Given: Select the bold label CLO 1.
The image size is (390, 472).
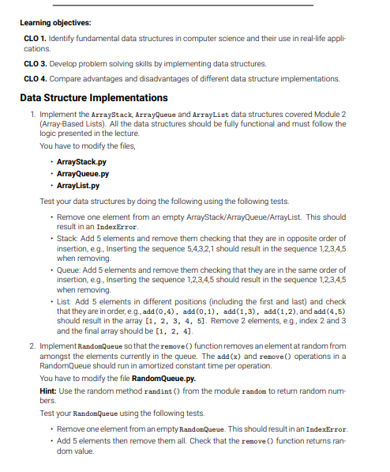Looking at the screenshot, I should pyautogui.click(x=33, y=37).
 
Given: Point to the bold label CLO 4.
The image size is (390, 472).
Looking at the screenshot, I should pyautogui.click(x=33, y=78).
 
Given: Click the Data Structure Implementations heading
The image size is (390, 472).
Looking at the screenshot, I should pyautogui.click(x=93, y=97).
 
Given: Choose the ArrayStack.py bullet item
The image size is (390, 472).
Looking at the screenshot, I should pyautogui.click(x=81, y=161).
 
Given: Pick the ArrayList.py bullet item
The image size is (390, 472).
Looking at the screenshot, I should pyautogui.click(x=78, y=186).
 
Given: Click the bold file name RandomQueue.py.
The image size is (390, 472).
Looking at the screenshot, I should pyautogui.click(x=167, y=379).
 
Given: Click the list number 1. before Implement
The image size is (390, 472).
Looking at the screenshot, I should pyautogui.click(x=31, y=115).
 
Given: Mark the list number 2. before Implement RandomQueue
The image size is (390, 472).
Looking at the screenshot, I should pyautogui.click(x=31, y=346).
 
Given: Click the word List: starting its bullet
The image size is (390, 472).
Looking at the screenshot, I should pyautogui.click(x=66, y=303).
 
